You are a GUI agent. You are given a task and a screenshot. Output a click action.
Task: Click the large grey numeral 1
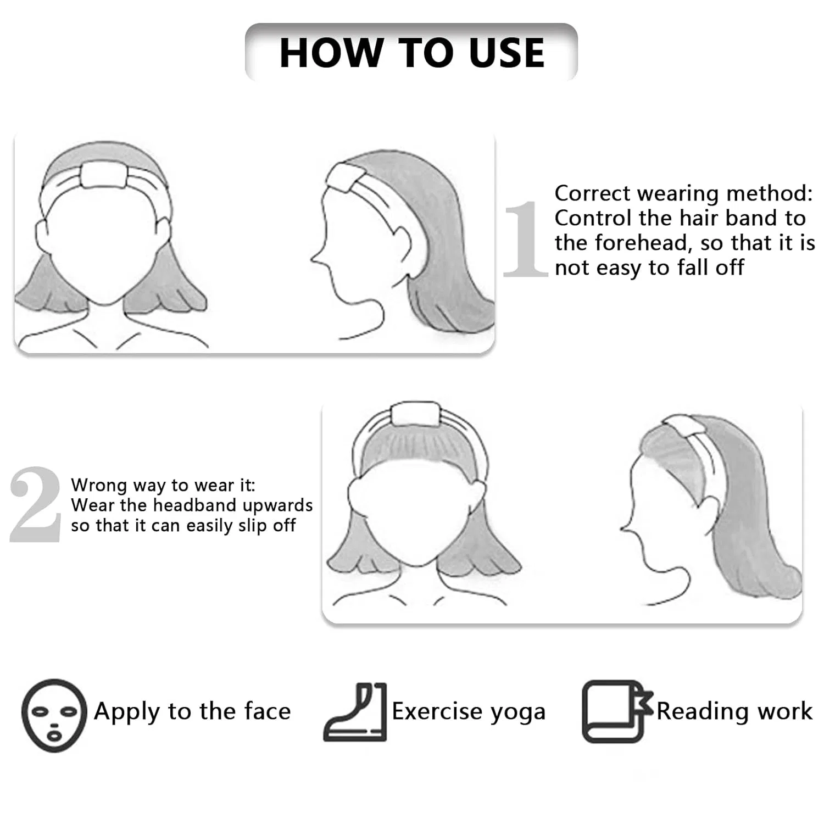point(526,239)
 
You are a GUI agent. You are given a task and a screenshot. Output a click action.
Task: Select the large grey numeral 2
point(35,505)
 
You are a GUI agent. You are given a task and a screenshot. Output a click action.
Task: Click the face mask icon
point(54,715)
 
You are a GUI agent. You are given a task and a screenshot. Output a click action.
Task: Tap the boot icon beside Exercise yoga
point(355,712)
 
